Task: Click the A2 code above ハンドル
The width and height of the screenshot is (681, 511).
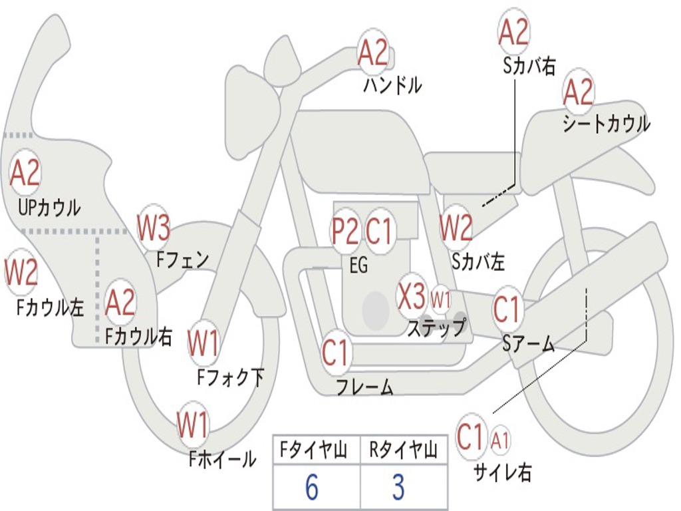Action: pyautogui.click(x=373, y=53)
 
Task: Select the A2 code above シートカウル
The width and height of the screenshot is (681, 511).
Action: pyautogui.click(x=578, y=92)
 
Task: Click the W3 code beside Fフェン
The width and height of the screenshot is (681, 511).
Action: pyautogui.click(x=154, y=228)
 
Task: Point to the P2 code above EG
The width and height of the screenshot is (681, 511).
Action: pyautogui.click(x=345, y=231)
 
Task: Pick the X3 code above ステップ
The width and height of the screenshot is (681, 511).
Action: pyautogui.click(x=411, y=296)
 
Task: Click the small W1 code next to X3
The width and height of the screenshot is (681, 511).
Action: pyautogui.click(x=440, y=299)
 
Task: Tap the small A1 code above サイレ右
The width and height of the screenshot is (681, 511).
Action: pyautogui.click(x=499, y=440)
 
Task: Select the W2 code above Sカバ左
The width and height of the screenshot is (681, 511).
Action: pyautogui.click(x=456, y=228)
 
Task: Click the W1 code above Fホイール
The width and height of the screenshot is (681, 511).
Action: pyautogui.click(x=192, y=425)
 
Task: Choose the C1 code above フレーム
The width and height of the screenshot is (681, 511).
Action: pyautogui.click(x=335, y=351)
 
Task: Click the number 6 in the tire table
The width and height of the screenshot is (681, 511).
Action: pyautogui.click(x=312, y=487)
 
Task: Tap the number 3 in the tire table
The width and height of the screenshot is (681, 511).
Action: pyautogui.click(x=399, y=487)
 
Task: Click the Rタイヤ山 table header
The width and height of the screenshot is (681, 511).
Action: pyautogui.click(x=403, y=450)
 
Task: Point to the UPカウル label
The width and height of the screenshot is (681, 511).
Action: pyautogui.click(x=49, y=208)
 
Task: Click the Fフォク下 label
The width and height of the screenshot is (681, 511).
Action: pyautogui.click(x=231, y=377)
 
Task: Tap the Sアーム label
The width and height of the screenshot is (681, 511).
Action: pyautogui.click(x=529, y=343)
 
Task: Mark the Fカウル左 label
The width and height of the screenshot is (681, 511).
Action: pyautogui.click(x=50, y=307)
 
